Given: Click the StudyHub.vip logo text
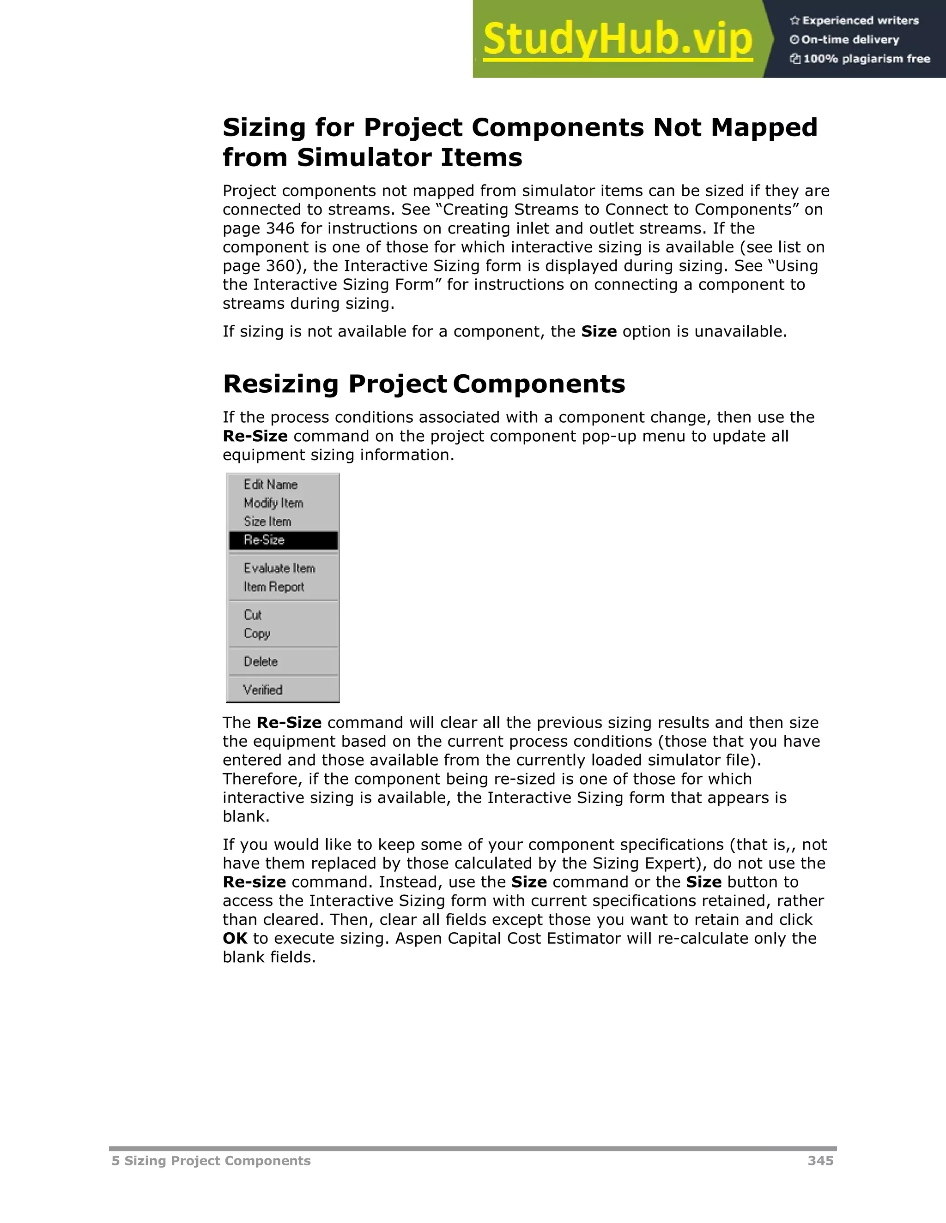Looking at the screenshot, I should point(617,39).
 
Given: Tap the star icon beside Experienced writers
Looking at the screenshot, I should point(794,21).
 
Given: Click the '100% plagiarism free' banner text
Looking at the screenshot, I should point(867,59).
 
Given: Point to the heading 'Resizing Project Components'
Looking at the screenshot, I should point(424,384).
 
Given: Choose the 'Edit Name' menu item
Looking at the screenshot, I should point(270,485).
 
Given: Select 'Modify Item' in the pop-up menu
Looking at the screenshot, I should point(273,503).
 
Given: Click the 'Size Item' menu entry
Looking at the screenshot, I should point(267,522).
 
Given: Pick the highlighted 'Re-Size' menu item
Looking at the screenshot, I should point(264,540).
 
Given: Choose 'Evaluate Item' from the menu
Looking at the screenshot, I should point(279,569).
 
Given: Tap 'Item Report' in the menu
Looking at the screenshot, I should point(273,587).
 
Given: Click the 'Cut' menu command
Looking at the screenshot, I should point(252,615).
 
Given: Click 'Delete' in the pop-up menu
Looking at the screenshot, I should point(261,661).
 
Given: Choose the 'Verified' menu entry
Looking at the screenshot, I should point(262,690).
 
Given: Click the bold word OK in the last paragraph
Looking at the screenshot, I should point(235,939).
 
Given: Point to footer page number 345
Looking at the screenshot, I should point(820,1161).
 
